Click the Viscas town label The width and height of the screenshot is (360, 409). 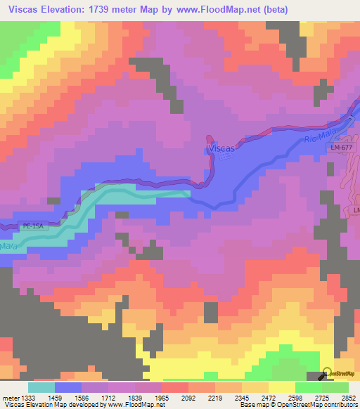click(220, 149)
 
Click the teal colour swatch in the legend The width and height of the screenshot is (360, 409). click(41, 387)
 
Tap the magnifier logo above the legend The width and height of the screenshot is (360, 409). click(326, 373)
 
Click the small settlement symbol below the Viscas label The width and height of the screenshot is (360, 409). click(224, 157)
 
